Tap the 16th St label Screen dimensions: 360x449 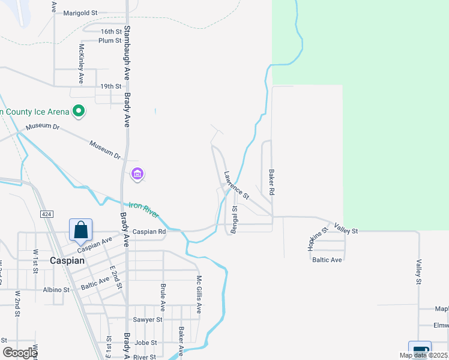pos(111,31)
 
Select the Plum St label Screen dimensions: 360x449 pos(110,41)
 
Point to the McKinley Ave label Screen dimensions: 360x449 pos(81,64)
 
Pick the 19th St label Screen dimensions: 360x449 pos(111,86)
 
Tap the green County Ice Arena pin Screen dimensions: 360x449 pos(78,111)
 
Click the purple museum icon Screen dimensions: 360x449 pos(137,175)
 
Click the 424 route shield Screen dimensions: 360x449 pos(46,214)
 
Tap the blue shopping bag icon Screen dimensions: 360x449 pos(80,230)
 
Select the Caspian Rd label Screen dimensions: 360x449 pos(149,232)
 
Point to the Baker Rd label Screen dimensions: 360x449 pos(271,182)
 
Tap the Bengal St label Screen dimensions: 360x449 pos(235,220)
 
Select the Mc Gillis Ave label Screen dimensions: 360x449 pos(199,294)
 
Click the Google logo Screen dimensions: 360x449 pos(19,353)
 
